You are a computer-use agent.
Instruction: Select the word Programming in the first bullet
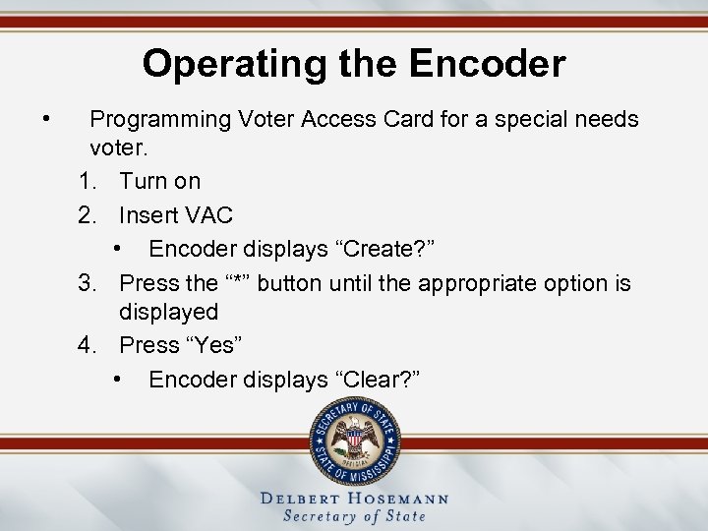pos(159,120)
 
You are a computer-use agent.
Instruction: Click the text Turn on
pos(159,181)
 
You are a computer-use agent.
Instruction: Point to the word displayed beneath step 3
pos(168,312)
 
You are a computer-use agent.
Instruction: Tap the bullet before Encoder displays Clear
pos(118,380)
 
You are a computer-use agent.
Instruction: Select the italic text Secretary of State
pos(354,516)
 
